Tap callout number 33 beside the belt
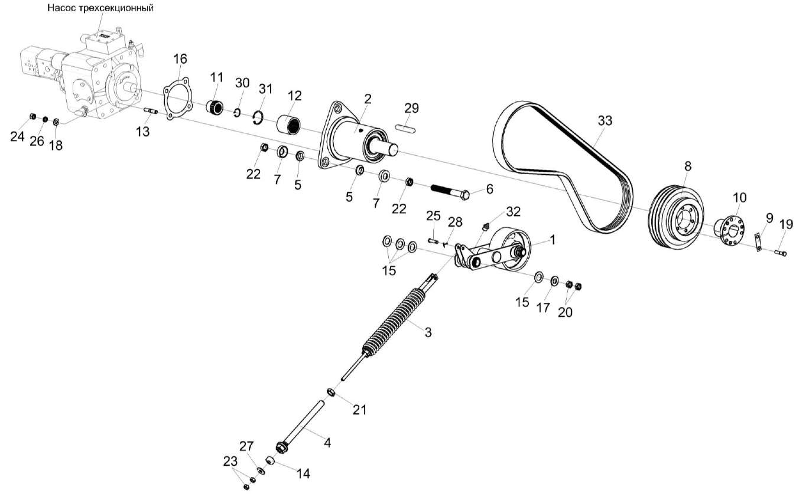pos(605,120)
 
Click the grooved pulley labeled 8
pos(677,216)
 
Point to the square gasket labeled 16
pos(178,102)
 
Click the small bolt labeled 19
pos(780,253)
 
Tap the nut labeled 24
pos(33,116)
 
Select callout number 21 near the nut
pos(359,409)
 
